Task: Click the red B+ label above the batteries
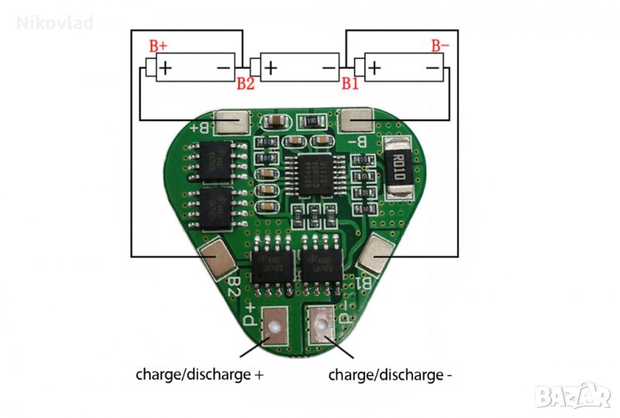click(x=158, y=45)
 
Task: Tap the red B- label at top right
click(x=439, y=45)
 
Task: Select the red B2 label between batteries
click(x=246, y=84)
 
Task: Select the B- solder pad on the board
click(x=357, y=122)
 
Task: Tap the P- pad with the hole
click(x=322, y=323)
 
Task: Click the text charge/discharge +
click(x=200, y=375)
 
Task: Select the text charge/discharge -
click(x=391, y=375)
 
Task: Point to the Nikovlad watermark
click(x=55, y=23)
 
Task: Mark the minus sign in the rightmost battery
click(x=430, y=68)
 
